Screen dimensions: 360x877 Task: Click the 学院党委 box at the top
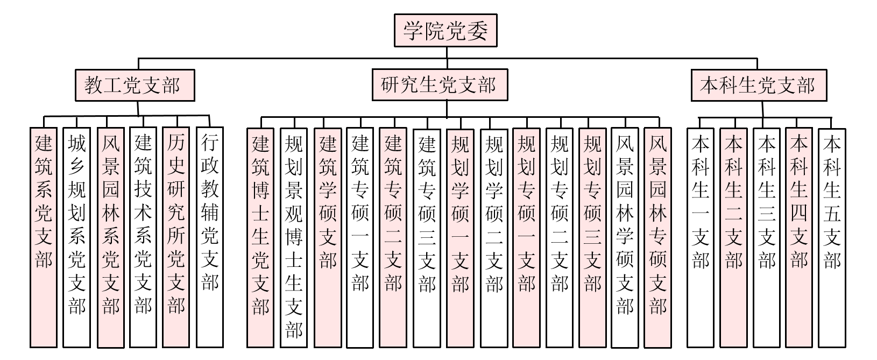tap(445, 30)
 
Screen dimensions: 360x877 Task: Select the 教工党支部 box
tap(135, 85)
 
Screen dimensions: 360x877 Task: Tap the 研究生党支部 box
tap(440, 85)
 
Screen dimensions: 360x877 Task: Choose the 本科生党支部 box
tap(759, 85)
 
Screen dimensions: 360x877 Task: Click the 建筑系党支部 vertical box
tap(44, 237)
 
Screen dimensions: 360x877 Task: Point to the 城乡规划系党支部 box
tap(77, 237)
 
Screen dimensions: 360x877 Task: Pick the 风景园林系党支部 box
tap(110, 237)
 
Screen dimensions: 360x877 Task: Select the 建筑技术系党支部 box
tap(143, 237)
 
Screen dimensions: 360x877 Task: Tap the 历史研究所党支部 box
tap(176, 237)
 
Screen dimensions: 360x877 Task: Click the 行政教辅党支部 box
tap(210, 237)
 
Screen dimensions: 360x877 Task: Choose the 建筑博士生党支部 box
tap(260, 237)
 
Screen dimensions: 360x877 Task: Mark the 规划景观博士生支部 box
tap(294, 237)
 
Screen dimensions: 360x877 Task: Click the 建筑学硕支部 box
tap(328, 237)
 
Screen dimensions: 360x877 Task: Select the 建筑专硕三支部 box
tap(427, 237)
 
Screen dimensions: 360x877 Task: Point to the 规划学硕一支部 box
tap(460, 237)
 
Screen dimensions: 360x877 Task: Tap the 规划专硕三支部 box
tap(592, 237)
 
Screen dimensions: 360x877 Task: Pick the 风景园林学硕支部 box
tap(625, 237)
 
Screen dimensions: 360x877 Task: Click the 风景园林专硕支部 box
tap(657, 237)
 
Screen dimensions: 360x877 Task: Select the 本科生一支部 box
tap(701, 237)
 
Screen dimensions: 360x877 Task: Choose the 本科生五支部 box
tap(832, 237)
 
